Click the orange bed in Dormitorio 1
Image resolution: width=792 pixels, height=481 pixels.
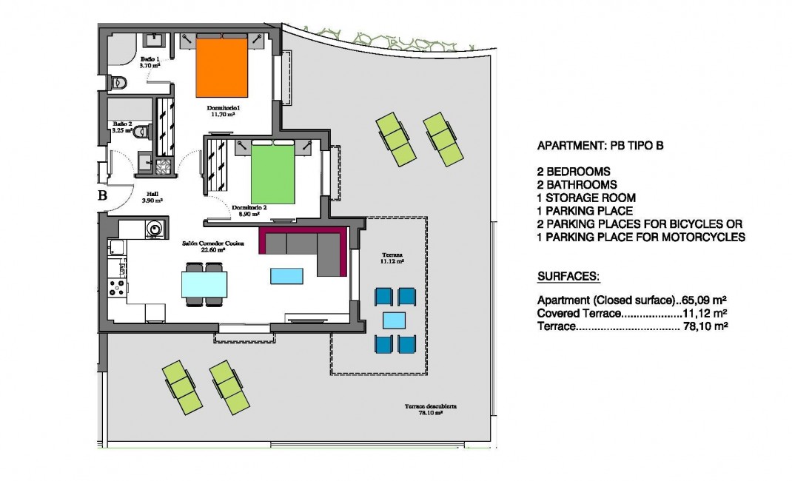tap(221, 67)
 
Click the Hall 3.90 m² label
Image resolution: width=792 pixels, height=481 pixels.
tap(151, 197)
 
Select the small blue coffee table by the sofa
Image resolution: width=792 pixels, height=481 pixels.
tap(287, 276)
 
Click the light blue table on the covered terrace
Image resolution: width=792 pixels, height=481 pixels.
tap(394, 320)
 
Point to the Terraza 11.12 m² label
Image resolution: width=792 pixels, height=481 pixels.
tap(392, 258)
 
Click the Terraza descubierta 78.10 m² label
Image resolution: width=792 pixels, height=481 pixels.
tap(429, 409)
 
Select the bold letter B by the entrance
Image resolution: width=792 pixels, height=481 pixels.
tap(103, 196)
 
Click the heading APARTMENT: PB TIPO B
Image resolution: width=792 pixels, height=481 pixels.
tap(600, 146)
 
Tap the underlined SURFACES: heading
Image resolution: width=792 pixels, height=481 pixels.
tap(568, 276)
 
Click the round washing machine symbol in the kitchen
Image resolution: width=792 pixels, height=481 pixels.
tap(154, 229)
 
